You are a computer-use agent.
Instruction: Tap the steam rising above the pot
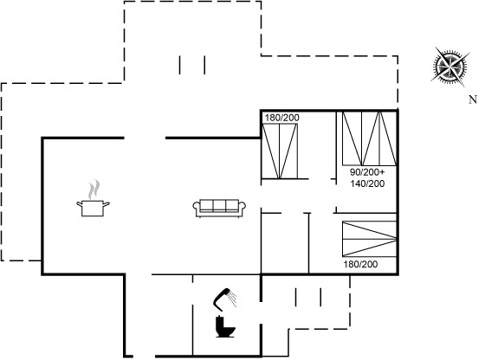(x=94, y=190)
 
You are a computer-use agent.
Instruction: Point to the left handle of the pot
(x=79, y=204)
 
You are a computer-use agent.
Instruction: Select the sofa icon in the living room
(x=219, y=209)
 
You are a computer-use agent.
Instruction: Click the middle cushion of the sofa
(x=219, y=206)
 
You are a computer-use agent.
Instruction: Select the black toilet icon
(x=225, y=326)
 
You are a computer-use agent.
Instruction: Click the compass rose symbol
(x=450, y=67)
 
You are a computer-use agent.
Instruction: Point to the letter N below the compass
(x=472, y=100)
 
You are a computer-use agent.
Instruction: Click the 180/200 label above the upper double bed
(x=282, y=118)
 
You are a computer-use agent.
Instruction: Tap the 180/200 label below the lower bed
(x=360, y=264)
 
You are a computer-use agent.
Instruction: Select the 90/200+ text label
(x=367, y=172)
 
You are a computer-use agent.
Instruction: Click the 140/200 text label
(x=367, y=183)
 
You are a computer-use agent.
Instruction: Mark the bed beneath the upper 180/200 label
(x=280, y=151)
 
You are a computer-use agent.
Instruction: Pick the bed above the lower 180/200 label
(x=369, y=239)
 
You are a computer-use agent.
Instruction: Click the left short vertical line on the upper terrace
(x=180, y=65)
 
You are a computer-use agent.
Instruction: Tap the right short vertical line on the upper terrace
(x=204, y=65)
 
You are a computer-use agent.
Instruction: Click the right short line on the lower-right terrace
(x=320, y=298)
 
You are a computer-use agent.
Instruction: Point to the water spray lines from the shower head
(x=233, y=299)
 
